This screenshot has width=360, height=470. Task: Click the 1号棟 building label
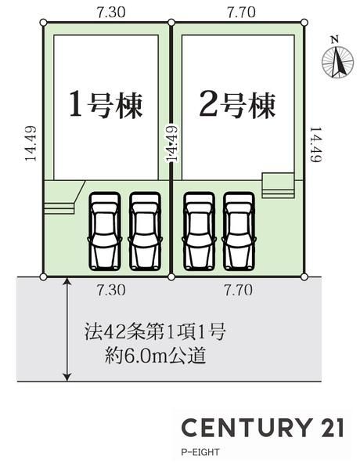106,105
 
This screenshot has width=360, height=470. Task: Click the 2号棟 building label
237,105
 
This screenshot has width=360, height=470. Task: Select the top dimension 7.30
111,13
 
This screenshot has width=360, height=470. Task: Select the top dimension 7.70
241,13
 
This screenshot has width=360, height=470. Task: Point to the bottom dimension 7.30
111,290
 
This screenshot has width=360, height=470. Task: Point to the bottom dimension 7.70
239,290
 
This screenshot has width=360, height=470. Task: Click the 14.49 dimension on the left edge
31,143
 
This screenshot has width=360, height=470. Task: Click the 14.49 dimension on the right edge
315,144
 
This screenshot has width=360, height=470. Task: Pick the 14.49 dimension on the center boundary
172,143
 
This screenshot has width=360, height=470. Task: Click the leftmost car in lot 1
105,231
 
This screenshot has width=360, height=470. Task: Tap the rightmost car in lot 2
239,231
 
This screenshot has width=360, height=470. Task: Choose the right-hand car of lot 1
146,231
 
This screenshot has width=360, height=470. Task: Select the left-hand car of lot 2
200,231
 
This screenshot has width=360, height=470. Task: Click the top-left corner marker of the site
43,22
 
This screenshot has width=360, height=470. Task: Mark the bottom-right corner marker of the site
304,277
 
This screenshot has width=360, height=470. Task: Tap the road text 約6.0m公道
155,356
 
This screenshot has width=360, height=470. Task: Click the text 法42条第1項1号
154,332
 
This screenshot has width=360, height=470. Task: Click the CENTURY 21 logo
262,427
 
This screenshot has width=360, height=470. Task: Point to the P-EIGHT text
200,452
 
